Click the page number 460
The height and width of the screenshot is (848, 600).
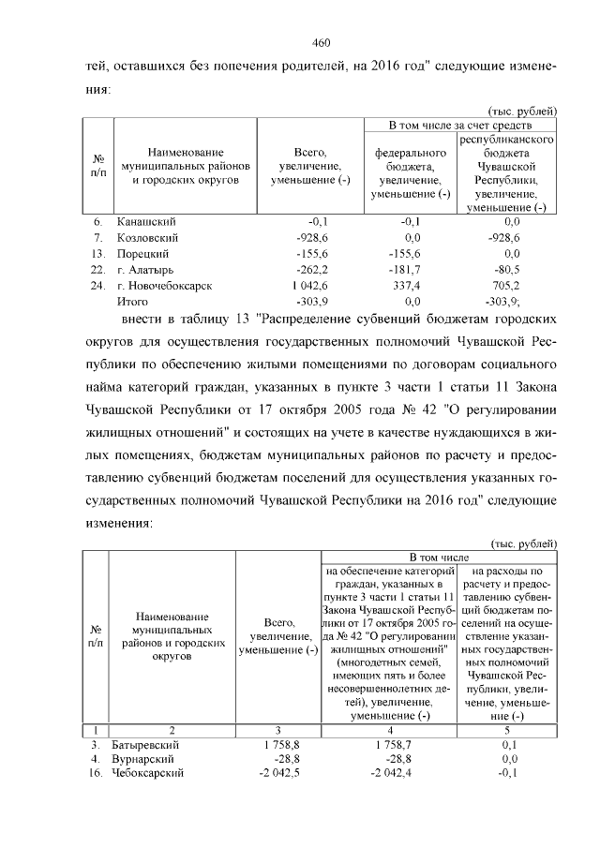click(x=322, y=43)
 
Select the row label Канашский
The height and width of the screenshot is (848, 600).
click(x=145, y=222)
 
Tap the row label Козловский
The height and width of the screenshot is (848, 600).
click(x=146, y=238)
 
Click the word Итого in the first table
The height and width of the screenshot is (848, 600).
click(x=131, y=301)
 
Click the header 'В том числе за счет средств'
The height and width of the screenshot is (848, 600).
click(x=461, y=125)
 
